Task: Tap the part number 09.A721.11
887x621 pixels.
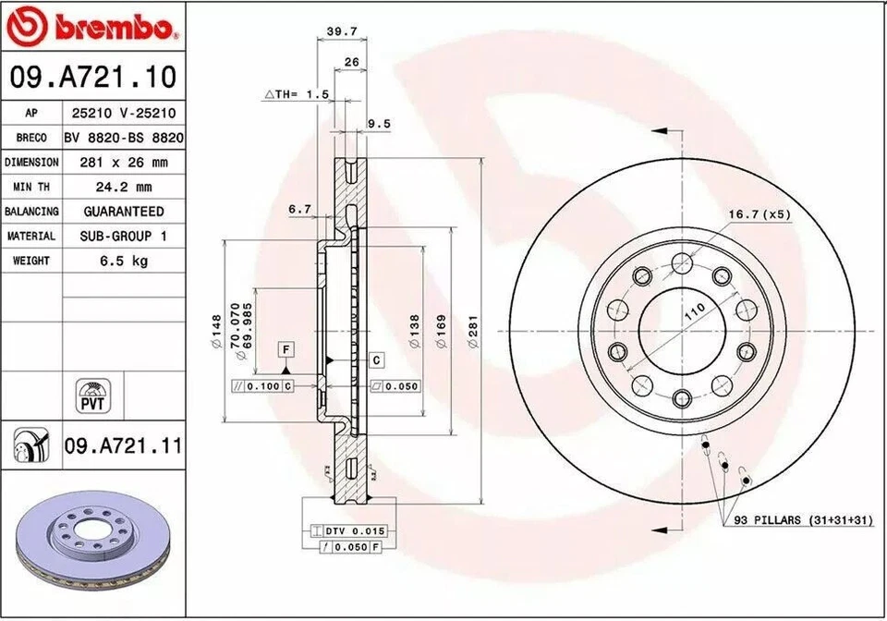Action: (123, 446)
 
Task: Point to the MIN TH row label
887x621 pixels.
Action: (31, 187)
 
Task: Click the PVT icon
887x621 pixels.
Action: (91, 396)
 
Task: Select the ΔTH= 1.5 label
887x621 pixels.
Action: (298, 94)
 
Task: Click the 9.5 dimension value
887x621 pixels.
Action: (379, 123)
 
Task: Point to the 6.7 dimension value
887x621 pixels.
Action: (299, 210)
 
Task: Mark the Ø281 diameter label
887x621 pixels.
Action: (472, 331)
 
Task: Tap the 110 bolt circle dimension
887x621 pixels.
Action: (694, 310)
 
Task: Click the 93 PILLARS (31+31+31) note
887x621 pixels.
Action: (803, 521)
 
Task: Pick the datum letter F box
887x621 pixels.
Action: (286, 349)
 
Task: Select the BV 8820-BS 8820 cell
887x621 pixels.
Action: (124, 138)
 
